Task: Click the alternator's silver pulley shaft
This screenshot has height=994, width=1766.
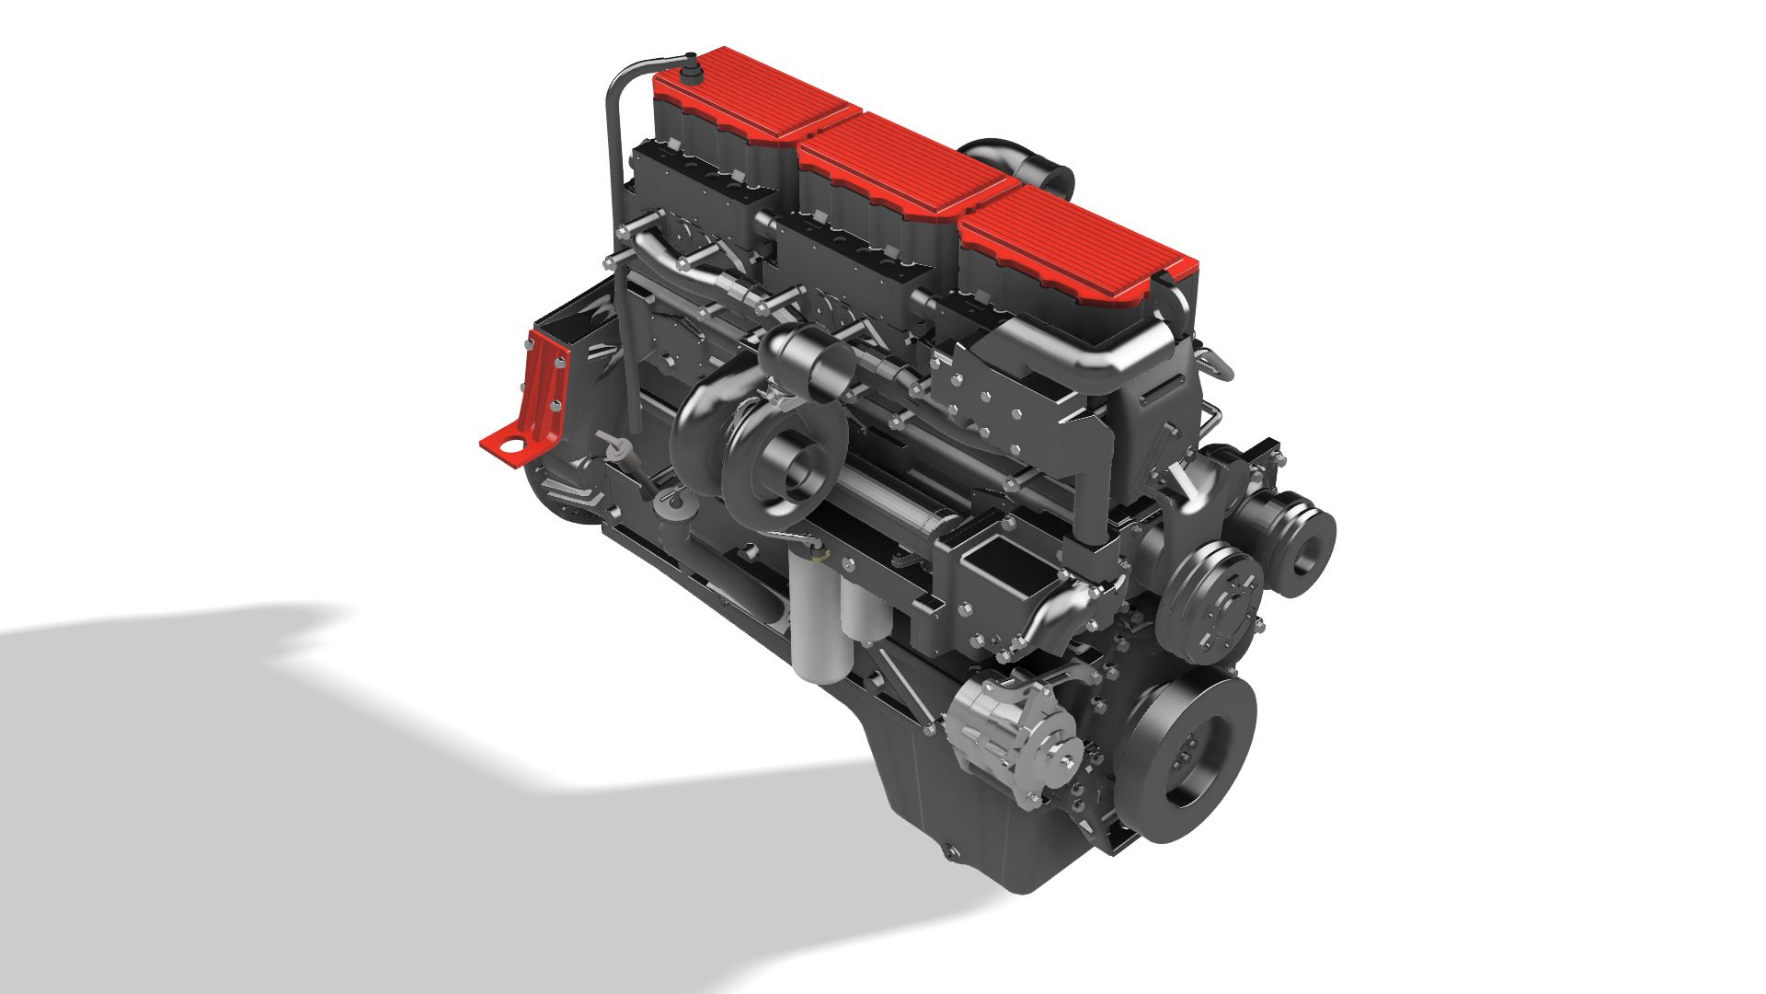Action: [x=1067, y=760]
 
